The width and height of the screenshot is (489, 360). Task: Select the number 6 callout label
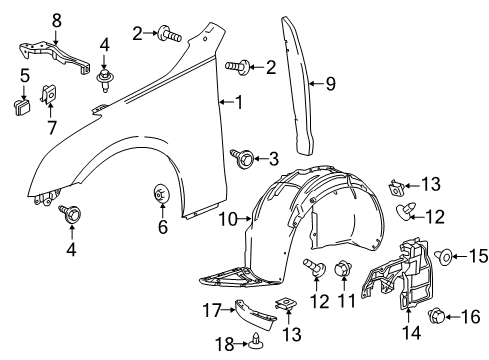point(163,227)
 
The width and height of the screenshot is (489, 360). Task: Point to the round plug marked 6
point(162,193)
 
